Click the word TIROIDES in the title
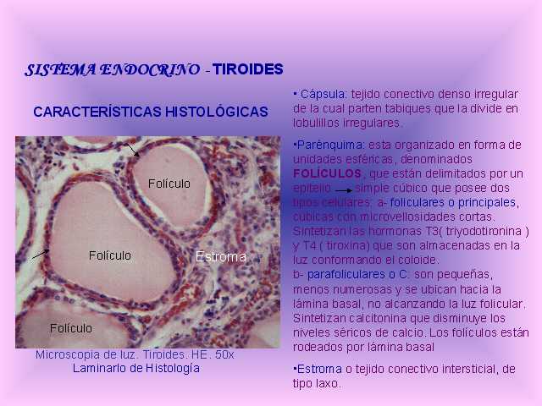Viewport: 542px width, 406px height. tap(248, 69)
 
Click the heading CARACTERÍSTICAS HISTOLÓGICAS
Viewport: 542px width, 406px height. tap(151, 112)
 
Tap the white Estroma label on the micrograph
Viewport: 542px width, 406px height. tap(220, 257)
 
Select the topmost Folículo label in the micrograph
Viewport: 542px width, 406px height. tap(169, 184)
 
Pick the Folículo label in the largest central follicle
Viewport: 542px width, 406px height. tap(109, 255)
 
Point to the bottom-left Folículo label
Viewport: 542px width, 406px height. tap(71, 328)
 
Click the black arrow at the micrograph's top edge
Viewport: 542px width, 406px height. tap(133, 151)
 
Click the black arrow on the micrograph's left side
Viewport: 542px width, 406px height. tap(40, 255)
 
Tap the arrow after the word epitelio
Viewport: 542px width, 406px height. tap(344, 190)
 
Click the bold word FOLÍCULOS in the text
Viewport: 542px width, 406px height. tap(327, 173)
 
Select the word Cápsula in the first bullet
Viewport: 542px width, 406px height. tap(323, 94)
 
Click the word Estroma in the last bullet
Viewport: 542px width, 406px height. tap(319, 369)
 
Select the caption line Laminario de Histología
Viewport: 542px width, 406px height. tap(136, 369)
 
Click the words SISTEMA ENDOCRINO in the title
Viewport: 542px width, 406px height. tap(113, 69)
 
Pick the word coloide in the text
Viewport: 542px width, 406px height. tap(412, 260)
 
